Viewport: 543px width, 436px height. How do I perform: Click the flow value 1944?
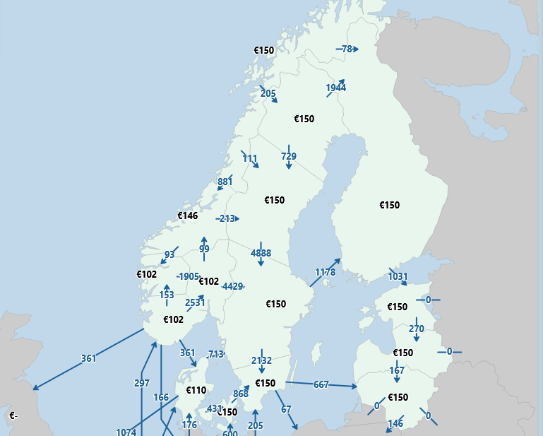[x=336, y=88]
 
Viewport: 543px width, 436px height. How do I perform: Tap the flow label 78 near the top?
[x=347, y=49]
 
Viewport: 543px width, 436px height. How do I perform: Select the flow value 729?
[x=289, y=156]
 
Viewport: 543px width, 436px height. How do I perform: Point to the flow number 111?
[x=250, y=158]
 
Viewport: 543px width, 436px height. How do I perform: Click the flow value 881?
[x=225, y=182]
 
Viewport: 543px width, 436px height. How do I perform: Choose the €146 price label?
[x=187, y=216]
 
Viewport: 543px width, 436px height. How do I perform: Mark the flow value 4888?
[x=261, y=253]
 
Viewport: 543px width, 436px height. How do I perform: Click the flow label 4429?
[x=232, y=286]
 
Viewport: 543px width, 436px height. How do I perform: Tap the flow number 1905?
[x=189, y=276]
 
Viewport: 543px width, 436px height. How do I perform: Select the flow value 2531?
[x=195, y=302]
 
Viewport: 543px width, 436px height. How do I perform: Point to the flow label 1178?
[x=325, y=272]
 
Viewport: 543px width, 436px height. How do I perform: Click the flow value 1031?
[x=398, y=276]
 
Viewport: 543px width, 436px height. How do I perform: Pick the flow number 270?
[x=417, y=329]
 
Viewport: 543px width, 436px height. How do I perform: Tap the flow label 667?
[x=321, y=384]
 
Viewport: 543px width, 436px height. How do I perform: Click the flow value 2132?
[x=261, y=360]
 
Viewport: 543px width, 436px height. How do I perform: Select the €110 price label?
[x=196, y=390]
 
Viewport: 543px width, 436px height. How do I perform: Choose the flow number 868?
[x=241, y=394]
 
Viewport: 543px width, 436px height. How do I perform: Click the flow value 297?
[x=142, y=383]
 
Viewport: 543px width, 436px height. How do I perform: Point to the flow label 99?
[x=204, y=249]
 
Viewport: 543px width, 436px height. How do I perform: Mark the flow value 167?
[x=397, y=370]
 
